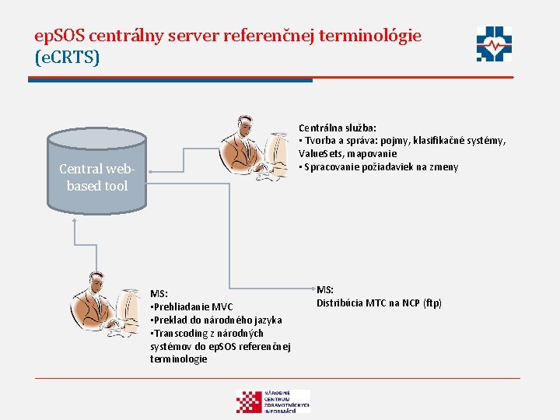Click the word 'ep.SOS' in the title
[60, 35]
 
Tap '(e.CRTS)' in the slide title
[67, 58]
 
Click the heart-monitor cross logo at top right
[495, 44]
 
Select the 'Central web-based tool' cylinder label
[97, 177]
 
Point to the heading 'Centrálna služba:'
[338, 128]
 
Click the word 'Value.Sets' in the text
[320, 154]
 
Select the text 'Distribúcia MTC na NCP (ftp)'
[379, 303]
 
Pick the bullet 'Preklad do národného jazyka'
[216, 320]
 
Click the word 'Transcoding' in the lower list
[180, 333]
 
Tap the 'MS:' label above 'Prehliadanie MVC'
[159, 293]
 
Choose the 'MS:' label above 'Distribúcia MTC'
[325, 290]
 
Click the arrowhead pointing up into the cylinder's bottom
[75, 219]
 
